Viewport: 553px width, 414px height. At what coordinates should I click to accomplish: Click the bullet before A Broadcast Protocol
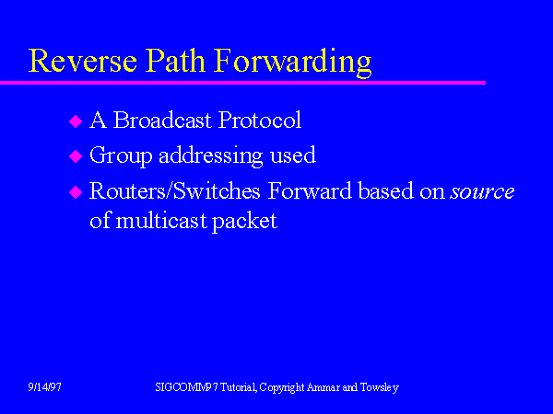click(76, 121)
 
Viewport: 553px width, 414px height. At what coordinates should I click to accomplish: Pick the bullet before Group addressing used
click(76, 157)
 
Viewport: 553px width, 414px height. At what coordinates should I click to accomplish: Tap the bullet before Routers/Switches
click(76, 193)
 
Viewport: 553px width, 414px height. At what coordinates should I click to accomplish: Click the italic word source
click(482, 192)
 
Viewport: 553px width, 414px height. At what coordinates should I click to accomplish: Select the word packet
click(246, 222)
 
